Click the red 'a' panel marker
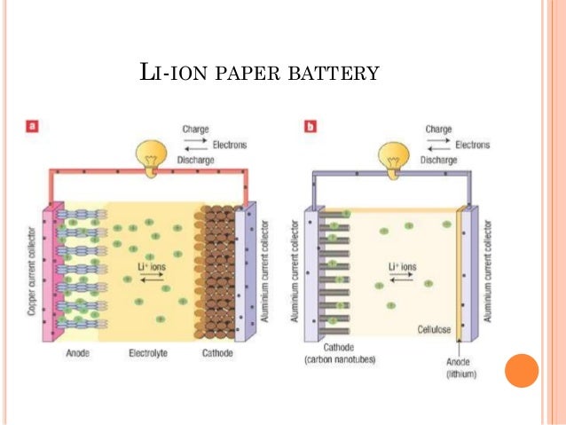click(x=31, y=127)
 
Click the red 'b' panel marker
click(x=311, y=127)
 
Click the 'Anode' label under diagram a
click(x=77, y=352)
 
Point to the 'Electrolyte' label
click(x=147, y=352)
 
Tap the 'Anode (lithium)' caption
click(x=460, y=367)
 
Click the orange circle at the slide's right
click(x=522, y=370)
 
